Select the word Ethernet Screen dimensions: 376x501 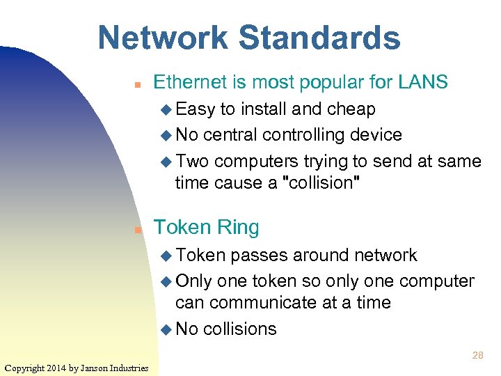pyautogui.click(x=192, y=82)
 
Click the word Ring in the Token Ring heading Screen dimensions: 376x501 pyautogui.click(x=237, y=227)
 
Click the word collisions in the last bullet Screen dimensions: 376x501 pyautogui.click(x=239, y=329)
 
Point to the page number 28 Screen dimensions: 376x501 pyautogui.click(x=477, y=355)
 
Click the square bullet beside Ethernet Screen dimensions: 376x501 pyautogui.click(x=138, y=84)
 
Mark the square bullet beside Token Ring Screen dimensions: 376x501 pyautogui.click(x=138, y=228)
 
